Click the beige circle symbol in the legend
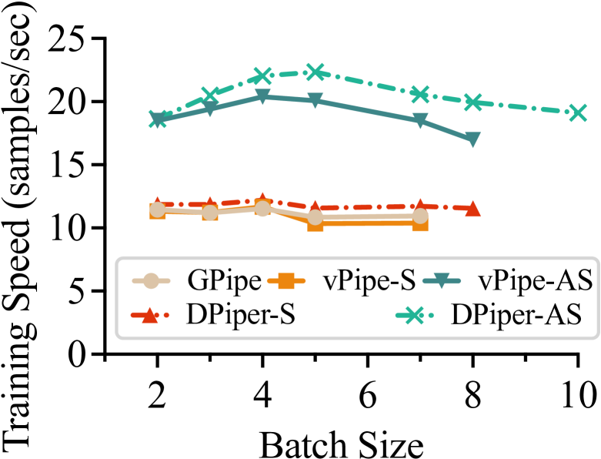tap(151, 281)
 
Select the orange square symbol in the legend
tap(286, 281)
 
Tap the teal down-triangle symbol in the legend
tap(442, 280)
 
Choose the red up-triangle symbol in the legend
tap(150, 315)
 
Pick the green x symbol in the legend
tap(414, 315)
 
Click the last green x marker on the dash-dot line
tap(577, 112)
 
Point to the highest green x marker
tap(315, 72)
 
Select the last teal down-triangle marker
tap(472, 139)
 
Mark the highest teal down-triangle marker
tap(262, 96)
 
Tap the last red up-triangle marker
tap(472, 209)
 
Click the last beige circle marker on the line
tap(420, 216)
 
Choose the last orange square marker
tap(420, 223)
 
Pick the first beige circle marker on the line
tap(158, 209)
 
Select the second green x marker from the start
tap(210, 95)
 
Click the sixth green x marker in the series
tap(472, 102)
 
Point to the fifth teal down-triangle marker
tap(420, 120)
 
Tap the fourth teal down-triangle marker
tap(315, 100)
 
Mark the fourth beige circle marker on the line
tap(316, 217)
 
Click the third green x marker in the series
tap(262, 75)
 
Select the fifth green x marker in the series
tap(420, 94)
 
